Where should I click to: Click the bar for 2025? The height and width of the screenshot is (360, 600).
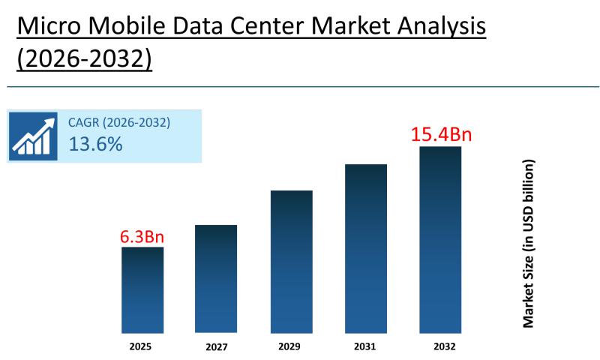click(x=142, y=290)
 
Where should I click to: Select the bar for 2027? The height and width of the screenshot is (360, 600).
click(x=216, y=279)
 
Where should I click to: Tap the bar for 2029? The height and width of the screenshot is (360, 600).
click(x=291, y=262)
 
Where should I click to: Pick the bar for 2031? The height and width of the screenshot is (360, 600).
click(x=366, y=248)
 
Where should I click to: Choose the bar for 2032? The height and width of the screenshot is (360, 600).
click(x=440, y=240)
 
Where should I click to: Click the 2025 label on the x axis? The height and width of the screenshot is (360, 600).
click(x=142, y=346)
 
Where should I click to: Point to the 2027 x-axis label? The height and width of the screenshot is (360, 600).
click(x=216, y=347)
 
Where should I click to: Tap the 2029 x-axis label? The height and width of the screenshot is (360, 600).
click(x=291, y=346)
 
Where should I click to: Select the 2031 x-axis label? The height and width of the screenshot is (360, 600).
click(x=366, y=346)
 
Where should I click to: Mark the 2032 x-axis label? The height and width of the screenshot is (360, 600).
click(x=440, y=346)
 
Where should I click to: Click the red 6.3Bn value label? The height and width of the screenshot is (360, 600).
click(x=142, y=237)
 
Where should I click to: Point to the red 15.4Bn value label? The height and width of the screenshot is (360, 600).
click(x=440, y=135)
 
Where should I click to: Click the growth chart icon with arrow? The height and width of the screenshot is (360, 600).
click(x=33, y=136)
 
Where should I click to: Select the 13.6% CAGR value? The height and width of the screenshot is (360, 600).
click(x=95, y=145)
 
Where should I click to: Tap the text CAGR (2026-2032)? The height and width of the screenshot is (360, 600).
click(x=119, y=123)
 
